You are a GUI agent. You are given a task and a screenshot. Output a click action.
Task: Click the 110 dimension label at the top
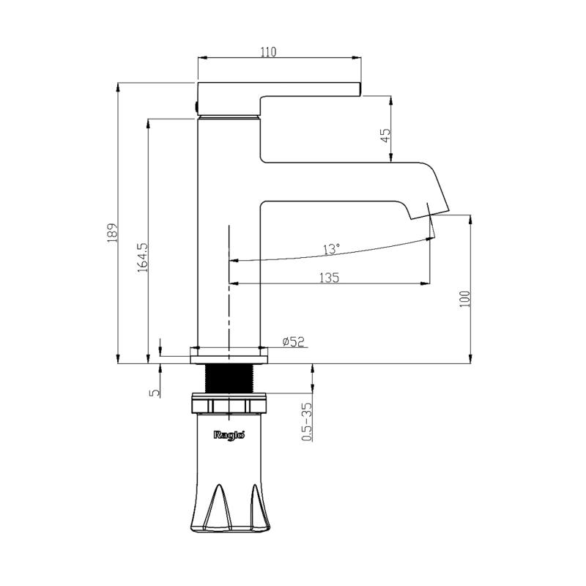(x=268, y=51)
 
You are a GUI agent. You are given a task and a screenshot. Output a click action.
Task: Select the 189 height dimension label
(x=113, y=233)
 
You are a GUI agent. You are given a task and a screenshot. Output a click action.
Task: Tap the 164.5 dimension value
(x=143, y=258)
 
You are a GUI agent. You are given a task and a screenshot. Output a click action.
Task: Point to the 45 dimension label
(x=385, y=136)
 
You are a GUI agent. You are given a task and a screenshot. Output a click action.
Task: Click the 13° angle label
(x=332, y=249)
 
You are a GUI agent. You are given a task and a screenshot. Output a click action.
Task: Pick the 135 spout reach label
(x=329, y=278)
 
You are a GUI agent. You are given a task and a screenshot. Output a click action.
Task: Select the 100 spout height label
(x=464, y=299)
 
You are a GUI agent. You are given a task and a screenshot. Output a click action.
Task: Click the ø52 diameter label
(x=294, y=341)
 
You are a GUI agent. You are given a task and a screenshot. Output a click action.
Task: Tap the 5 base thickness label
(x=155, y=393)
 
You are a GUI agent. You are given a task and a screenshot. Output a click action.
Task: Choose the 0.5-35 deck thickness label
(x=307, y=422)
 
